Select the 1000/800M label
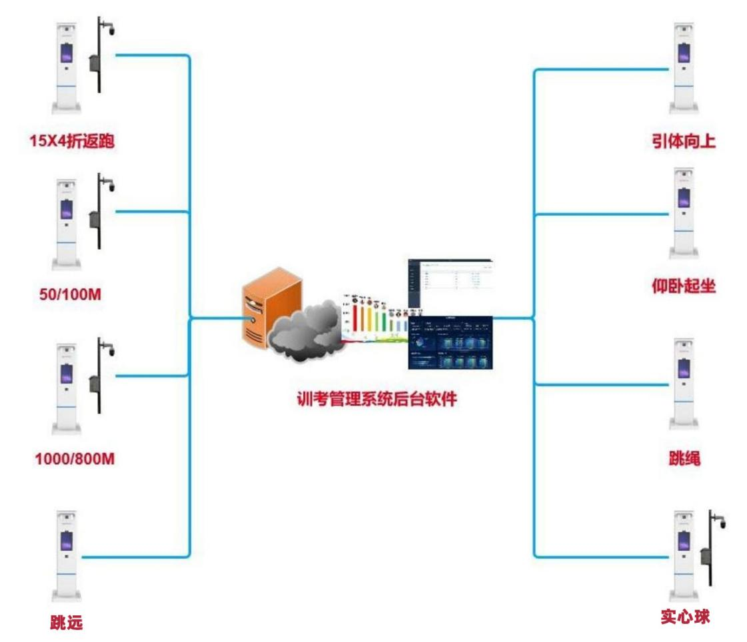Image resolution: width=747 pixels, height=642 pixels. coord(70,458)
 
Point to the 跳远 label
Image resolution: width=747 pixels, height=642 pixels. coord(66,623)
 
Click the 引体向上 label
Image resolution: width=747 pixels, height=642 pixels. coord(684,141)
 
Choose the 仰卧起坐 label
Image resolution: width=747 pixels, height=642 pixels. coord(684,286)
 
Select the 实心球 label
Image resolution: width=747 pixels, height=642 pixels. coord(685,616)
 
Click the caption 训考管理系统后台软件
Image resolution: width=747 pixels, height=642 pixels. coord(376,400)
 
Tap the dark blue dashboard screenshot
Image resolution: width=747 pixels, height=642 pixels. coord(450,342)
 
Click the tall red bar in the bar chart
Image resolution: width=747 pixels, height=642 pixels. coord(355,320)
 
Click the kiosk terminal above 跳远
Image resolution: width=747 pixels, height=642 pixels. coord(67,556)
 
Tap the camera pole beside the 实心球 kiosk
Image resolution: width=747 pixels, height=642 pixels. coord(712,553)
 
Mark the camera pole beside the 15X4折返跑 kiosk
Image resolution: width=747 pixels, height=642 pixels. coord(99,57)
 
